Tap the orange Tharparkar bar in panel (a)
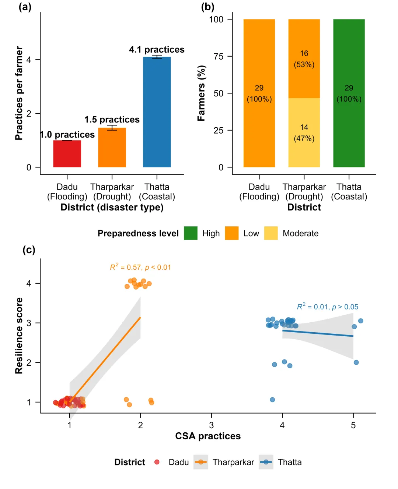point(112,148)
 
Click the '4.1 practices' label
point(157,50)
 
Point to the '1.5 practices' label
point(112,120)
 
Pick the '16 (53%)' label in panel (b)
point(304,59)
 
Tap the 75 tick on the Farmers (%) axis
point(219,56)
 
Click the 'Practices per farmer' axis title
point(19,93)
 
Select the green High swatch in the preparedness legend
point(191,233)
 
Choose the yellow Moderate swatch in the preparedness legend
point(271,233)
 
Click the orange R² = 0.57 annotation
point(140,267)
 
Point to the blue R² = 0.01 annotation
point(328,306)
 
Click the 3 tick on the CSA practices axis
point(212,425)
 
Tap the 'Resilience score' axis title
point(19,336)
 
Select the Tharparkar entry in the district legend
point(233,462)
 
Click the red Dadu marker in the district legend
point(157,462)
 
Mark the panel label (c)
point(29,250)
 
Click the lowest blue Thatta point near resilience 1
point(272,400)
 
